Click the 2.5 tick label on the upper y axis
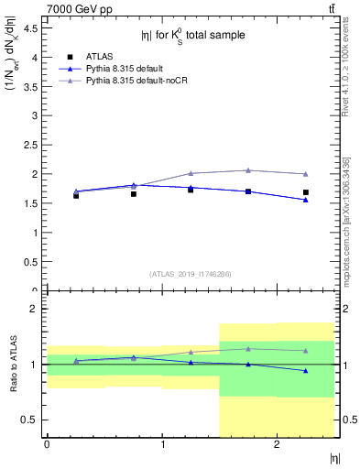(x=34, y=145)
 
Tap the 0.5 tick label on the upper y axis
(x=34, y=262)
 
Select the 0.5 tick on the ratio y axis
(x=34, y=420)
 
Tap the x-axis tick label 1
(x=162, y=445)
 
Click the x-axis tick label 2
(x=277, y=445)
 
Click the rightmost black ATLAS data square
(x=305, y=192)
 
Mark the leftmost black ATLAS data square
(x=76, y=196)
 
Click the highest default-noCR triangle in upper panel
(x=248, y=170)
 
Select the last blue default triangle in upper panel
(x=305, y=200)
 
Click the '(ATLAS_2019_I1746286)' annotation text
(x=190, y=274)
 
